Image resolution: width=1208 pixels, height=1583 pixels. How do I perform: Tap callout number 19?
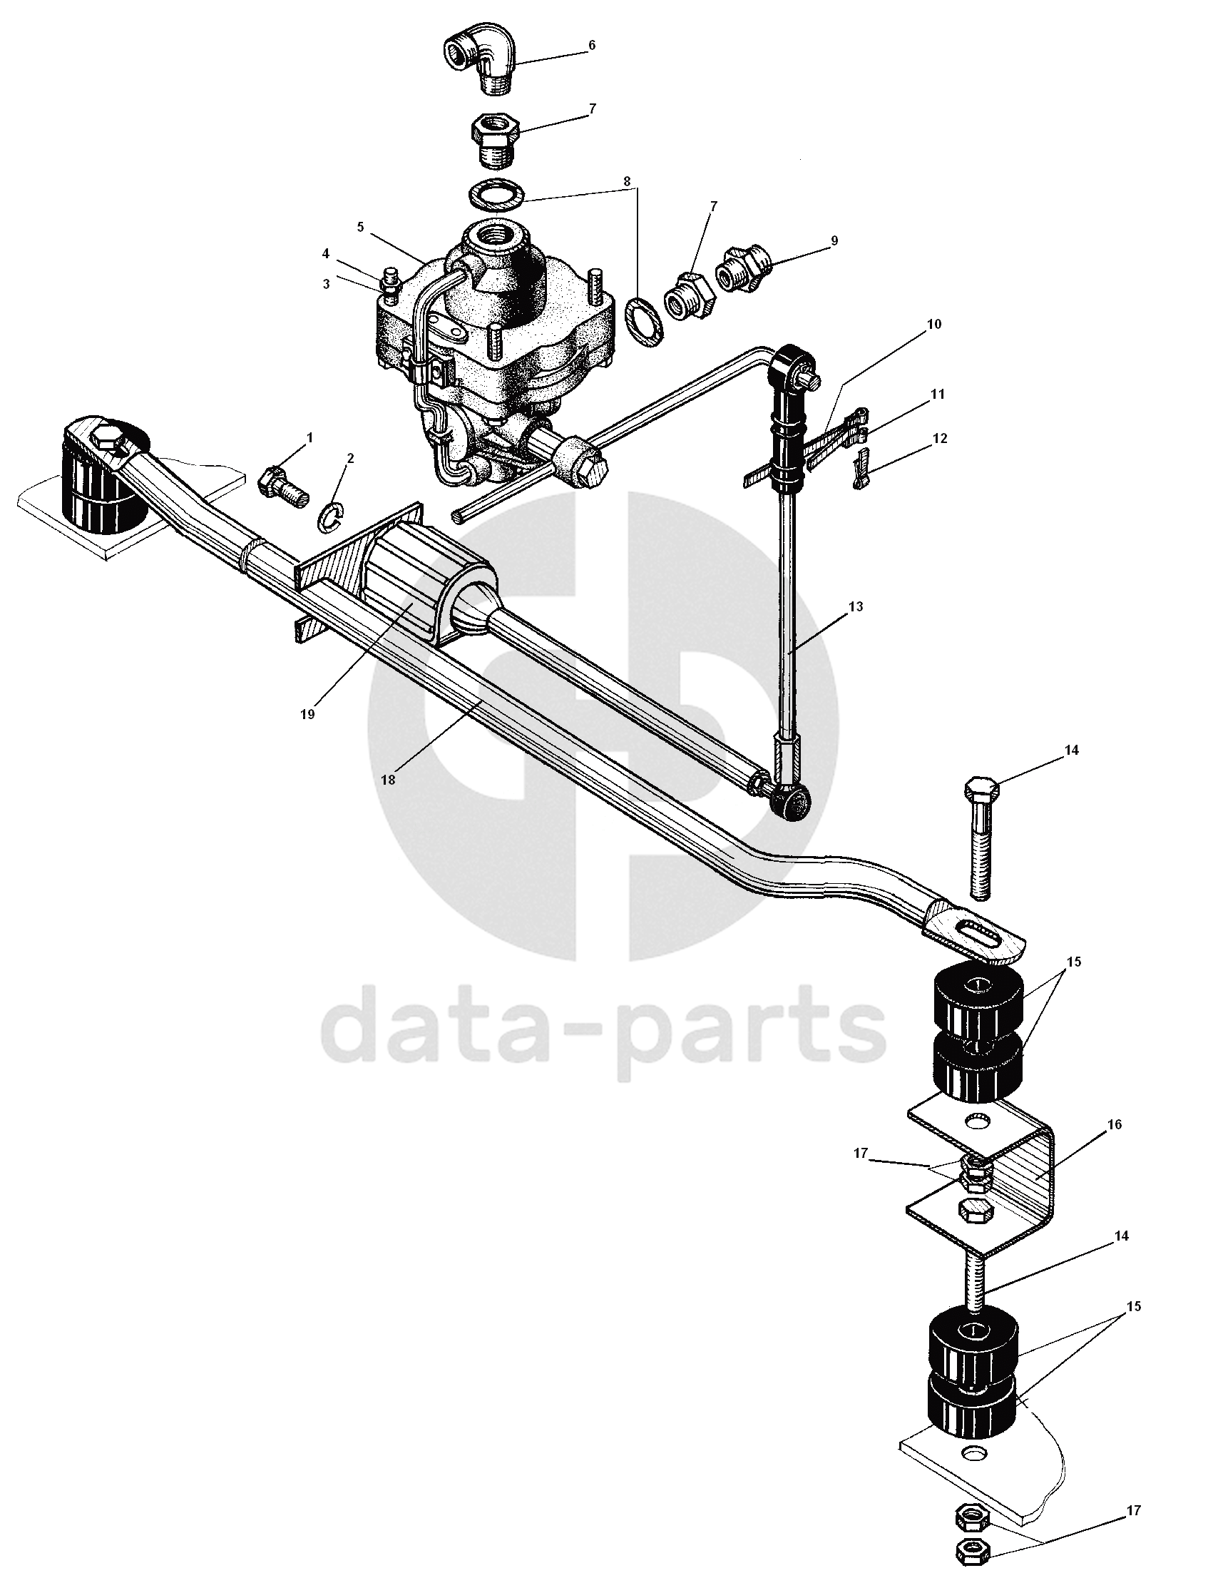(308, 714)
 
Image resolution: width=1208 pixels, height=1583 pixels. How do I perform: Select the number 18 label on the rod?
(388, 780)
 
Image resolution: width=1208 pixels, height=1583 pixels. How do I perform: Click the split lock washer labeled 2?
(332, 517)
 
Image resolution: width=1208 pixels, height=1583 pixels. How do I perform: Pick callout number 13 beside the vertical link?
(855, 606)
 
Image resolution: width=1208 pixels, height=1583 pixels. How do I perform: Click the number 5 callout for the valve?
(360, 228)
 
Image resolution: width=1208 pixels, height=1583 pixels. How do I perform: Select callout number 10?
(933, 325)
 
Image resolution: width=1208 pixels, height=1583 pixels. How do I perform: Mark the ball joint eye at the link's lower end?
(791, 800)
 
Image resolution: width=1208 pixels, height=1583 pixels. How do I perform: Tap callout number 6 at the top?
(592, 46)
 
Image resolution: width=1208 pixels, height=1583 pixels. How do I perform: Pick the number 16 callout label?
(1114, 1124)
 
